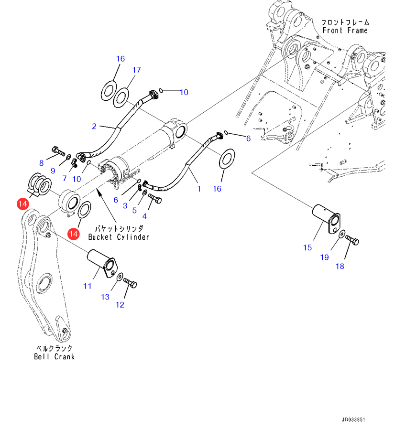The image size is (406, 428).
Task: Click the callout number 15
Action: point(307,247)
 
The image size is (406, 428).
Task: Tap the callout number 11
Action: point(87,286)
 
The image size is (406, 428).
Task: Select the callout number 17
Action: point(136,70)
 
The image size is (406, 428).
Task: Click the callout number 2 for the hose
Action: point(94,127)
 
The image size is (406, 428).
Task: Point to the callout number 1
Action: point(199,189)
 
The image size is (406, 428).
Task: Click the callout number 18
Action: point(340,267)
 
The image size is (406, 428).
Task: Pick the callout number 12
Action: point(120,305)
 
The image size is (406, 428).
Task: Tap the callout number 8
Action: point(42,163)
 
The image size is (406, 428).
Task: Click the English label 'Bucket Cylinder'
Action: point(119,237)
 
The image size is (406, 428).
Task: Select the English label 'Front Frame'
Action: point(345,31)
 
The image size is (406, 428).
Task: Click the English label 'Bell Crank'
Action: point(54,356)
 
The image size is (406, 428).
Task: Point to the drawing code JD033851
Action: point(353,419)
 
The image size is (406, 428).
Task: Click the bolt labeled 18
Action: point(353,240)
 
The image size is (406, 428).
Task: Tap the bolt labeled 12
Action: point(131,283)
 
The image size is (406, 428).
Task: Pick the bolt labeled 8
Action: point(57,152)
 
